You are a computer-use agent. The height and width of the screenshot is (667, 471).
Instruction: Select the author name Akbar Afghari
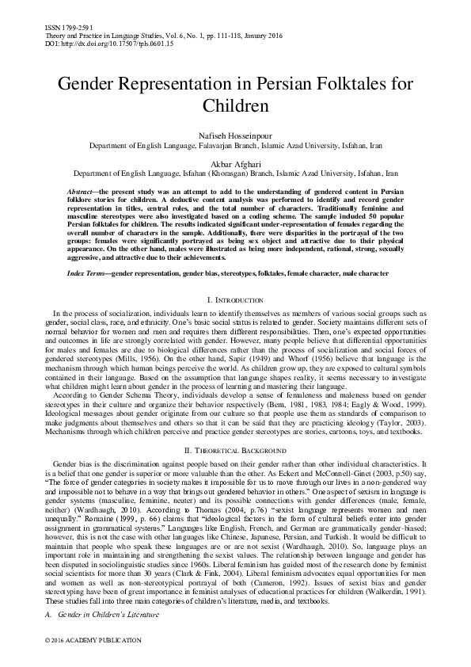pyautogui.click(x=235, y=162)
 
